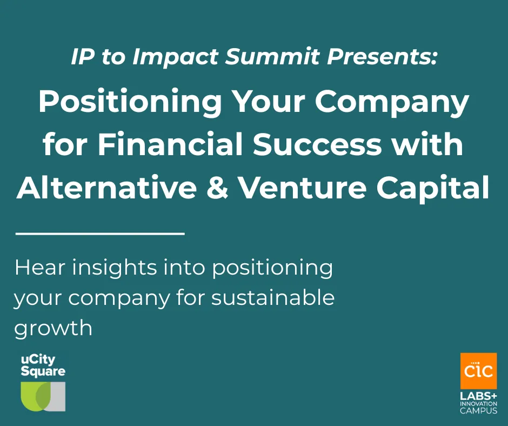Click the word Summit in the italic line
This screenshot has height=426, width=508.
(x=273, y=56)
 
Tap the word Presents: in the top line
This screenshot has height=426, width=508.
(x=382, y=56)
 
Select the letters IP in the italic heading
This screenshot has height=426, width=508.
(x=83, y=56)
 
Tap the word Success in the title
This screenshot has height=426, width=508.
(x=318, y=144)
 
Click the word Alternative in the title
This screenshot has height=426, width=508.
(x=106, y=188)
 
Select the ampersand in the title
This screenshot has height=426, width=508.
(x=217, y=188)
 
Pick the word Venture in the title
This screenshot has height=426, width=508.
(x=303, y=188)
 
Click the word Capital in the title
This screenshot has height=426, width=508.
(x=433, y=188)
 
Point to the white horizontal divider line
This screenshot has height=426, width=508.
(x=100, y=233)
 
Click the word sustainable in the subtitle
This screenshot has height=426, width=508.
(x=273, y=298)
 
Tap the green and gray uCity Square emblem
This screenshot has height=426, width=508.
(x=43, y=396)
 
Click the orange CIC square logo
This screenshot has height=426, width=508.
(x=478, y=370)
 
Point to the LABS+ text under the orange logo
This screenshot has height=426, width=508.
(x=478, y=396)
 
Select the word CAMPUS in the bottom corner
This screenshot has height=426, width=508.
(x=478, y=410)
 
